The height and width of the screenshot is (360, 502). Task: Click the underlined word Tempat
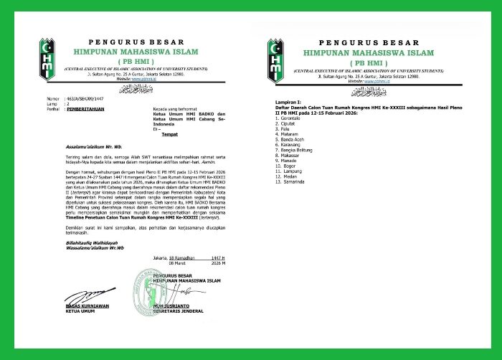(x=170, y=133)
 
